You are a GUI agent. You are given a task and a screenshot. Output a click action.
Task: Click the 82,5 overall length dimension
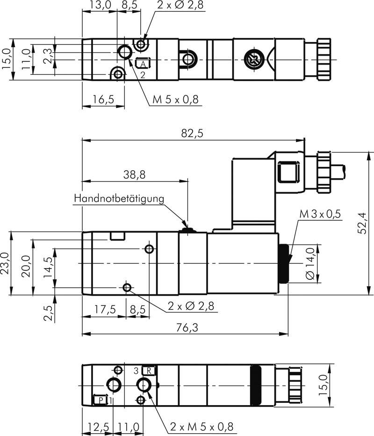pos(192,134)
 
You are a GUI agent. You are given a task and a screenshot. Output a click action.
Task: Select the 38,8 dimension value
pos(135,174)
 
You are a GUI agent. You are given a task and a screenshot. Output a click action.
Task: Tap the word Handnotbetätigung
pos(119,198)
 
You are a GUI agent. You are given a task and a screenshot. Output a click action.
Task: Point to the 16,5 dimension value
pos(103,99)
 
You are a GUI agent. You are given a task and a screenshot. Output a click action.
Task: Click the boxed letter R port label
pos(149,371)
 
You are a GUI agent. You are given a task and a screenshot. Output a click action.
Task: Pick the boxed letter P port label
pos(100,400)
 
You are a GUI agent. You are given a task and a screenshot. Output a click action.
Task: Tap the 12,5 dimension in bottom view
pos(98,427)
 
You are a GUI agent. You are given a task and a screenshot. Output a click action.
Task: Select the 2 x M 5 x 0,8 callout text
pos(201,427)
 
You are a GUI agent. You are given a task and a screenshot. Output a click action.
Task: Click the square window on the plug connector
pos(287,173)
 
